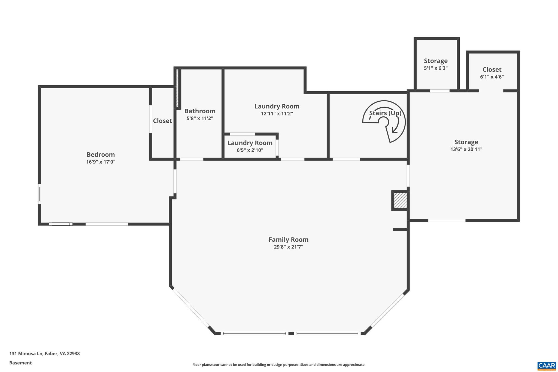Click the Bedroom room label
point(101,155)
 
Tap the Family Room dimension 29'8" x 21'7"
point(288,247)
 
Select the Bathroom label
point(200,111)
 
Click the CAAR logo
point(546,365)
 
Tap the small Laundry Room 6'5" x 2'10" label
point(250,143)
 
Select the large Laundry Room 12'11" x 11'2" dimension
point(277,114)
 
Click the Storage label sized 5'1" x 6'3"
point(435,61)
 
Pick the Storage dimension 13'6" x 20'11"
point(466,149)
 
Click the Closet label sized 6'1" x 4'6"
point(492,69)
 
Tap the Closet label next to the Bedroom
point(162,121)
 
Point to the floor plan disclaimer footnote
point(279,365)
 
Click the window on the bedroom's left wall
point(40,194)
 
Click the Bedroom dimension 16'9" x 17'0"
point(101,162)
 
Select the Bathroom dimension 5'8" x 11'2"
point(200,118)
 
